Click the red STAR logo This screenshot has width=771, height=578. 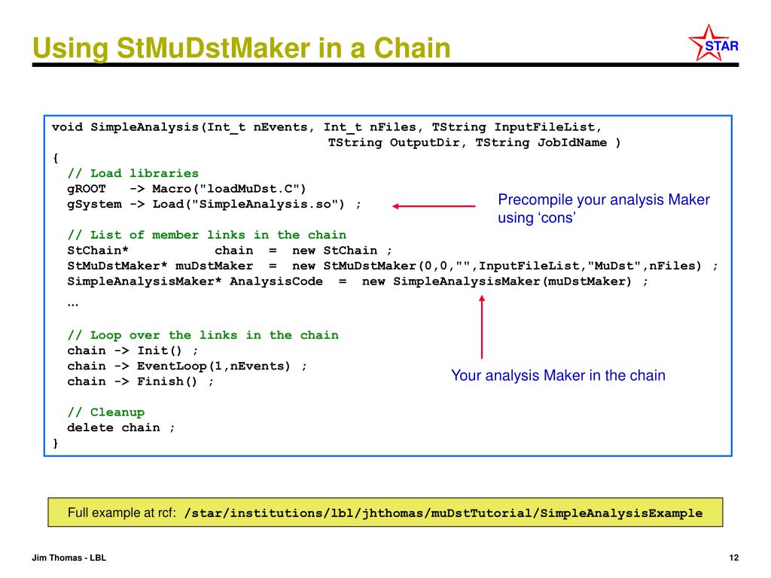(x=713, y=45)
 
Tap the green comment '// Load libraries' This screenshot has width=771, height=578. (x=133, y=173)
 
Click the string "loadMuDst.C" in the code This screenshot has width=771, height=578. (x=245, y=188)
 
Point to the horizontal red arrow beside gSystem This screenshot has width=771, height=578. (x=434, y=205)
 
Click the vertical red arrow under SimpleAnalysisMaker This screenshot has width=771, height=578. (x=482, y=327)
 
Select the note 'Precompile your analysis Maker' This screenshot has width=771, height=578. (x=603, y=200)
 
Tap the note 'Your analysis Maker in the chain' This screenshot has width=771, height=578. (x=558, y=376)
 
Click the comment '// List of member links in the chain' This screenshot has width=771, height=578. (x=206, y=235)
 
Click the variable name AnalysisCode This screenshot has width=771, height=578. (x=276, y=281)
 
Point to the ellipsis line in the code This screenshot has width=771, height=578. (x=72, y=303)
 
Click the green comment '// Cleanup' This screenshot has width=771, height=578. (x=105, y=412)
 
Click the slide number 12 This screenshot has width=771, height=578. (x=734, y=558)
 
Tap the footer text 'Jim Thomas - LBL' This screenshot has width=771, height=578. (x=69, y=558)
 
